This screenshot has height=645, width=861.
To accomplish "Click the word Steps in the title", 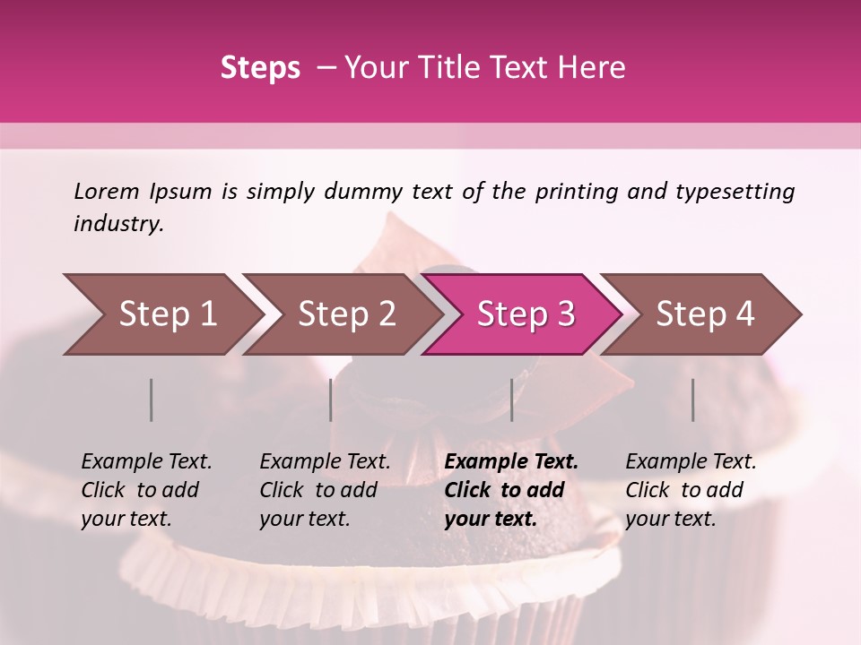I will pos(260,68).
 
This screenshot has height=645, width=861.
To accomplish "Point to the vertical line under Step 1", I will pos(152,400).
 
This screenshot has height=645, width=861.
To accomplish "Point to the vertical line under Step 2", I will pos(331,400).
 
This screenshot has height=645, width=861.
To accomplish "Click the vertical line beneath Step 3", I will pos(512,400).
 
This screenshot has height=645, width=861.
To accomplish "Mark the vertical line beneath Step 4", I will pos(692,400).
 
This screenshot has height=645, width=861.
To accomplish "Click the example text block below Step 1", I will pos(146,490).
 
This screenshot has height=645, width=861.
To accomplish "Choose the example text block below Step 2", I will pos(325,490).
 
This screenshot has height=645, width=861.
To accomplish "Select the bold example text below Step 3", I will pos(511,490).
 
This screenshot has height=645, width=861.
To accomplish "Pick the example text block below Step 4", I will pos(691,490).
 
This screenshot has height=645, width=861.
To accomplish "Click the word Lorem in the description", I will pos(107,191).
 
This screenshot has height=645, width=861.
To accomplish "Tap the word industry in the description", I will pos(117,224).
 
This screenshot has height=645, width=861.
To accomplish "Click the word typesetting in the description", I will pos(735,191).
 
